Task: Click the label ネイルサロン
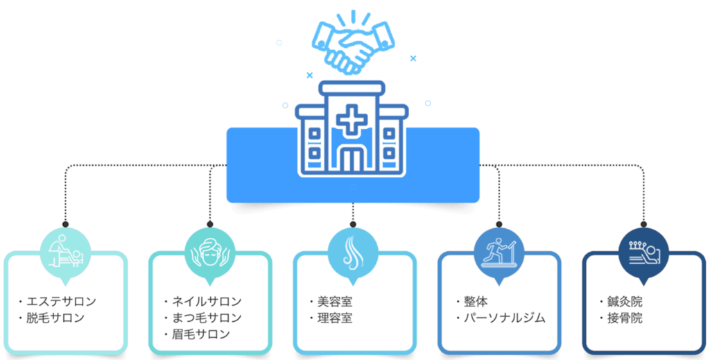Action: click(x=207, y=302)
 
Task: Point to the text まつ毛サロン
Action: click(x=207, y=318)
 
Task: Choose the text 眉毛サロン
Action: click(x=201, y=335)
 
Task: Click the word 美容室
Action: click(x=335, y=302)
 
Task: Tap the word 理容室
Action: click(x=335, y=318)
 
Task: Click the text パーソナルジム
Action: click(x=505, y=318)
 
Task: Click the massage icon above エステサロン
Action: click(x=64, y=251)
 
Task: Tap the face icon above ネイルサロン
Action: click(x=209, y=251)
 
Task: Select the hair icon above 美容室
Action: click(x=354, y=251)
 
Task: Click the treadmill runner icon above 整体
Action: click(x=498, y=251)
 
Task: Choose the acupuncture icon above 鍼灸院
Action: click(x=643, y=251)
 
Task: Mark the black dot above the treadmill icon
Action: click(x=498, y=223)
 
